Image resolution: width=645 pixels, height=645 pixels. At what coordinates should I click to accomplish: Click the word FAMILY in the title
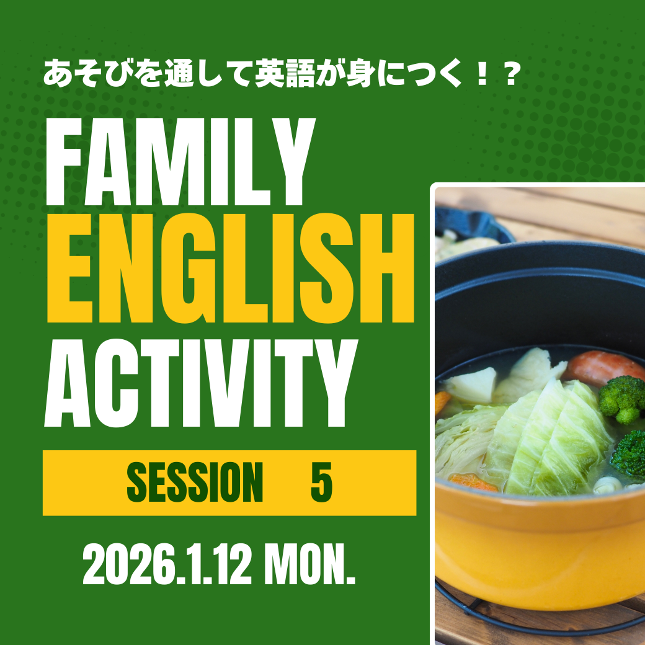point(180,162)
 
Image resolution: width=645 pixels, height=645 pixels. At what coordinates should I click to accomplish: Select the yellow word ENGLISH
point(230,268)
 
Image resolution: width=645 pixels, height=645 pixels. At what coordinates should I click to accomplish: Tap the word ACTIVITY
point(201,383)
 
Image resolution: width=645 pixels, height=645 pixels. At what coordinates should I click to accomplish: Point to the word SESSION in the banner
point(195,482)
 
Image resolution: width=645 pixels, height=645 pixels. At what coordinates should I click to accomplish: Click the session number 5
point(321,482)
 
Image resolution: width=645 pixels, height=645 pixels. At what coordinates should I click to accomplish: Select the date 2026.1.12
point(167,564)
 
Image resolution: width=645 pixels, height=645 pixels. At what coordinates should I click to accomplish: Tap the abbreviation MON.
point(309,564)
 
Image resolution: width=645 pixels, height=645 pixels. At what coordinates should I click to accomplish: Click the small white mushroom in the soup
point(607,485)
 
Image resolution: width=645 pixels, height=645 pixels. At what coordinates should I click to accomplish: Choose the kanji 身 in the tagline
point(360,74)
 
